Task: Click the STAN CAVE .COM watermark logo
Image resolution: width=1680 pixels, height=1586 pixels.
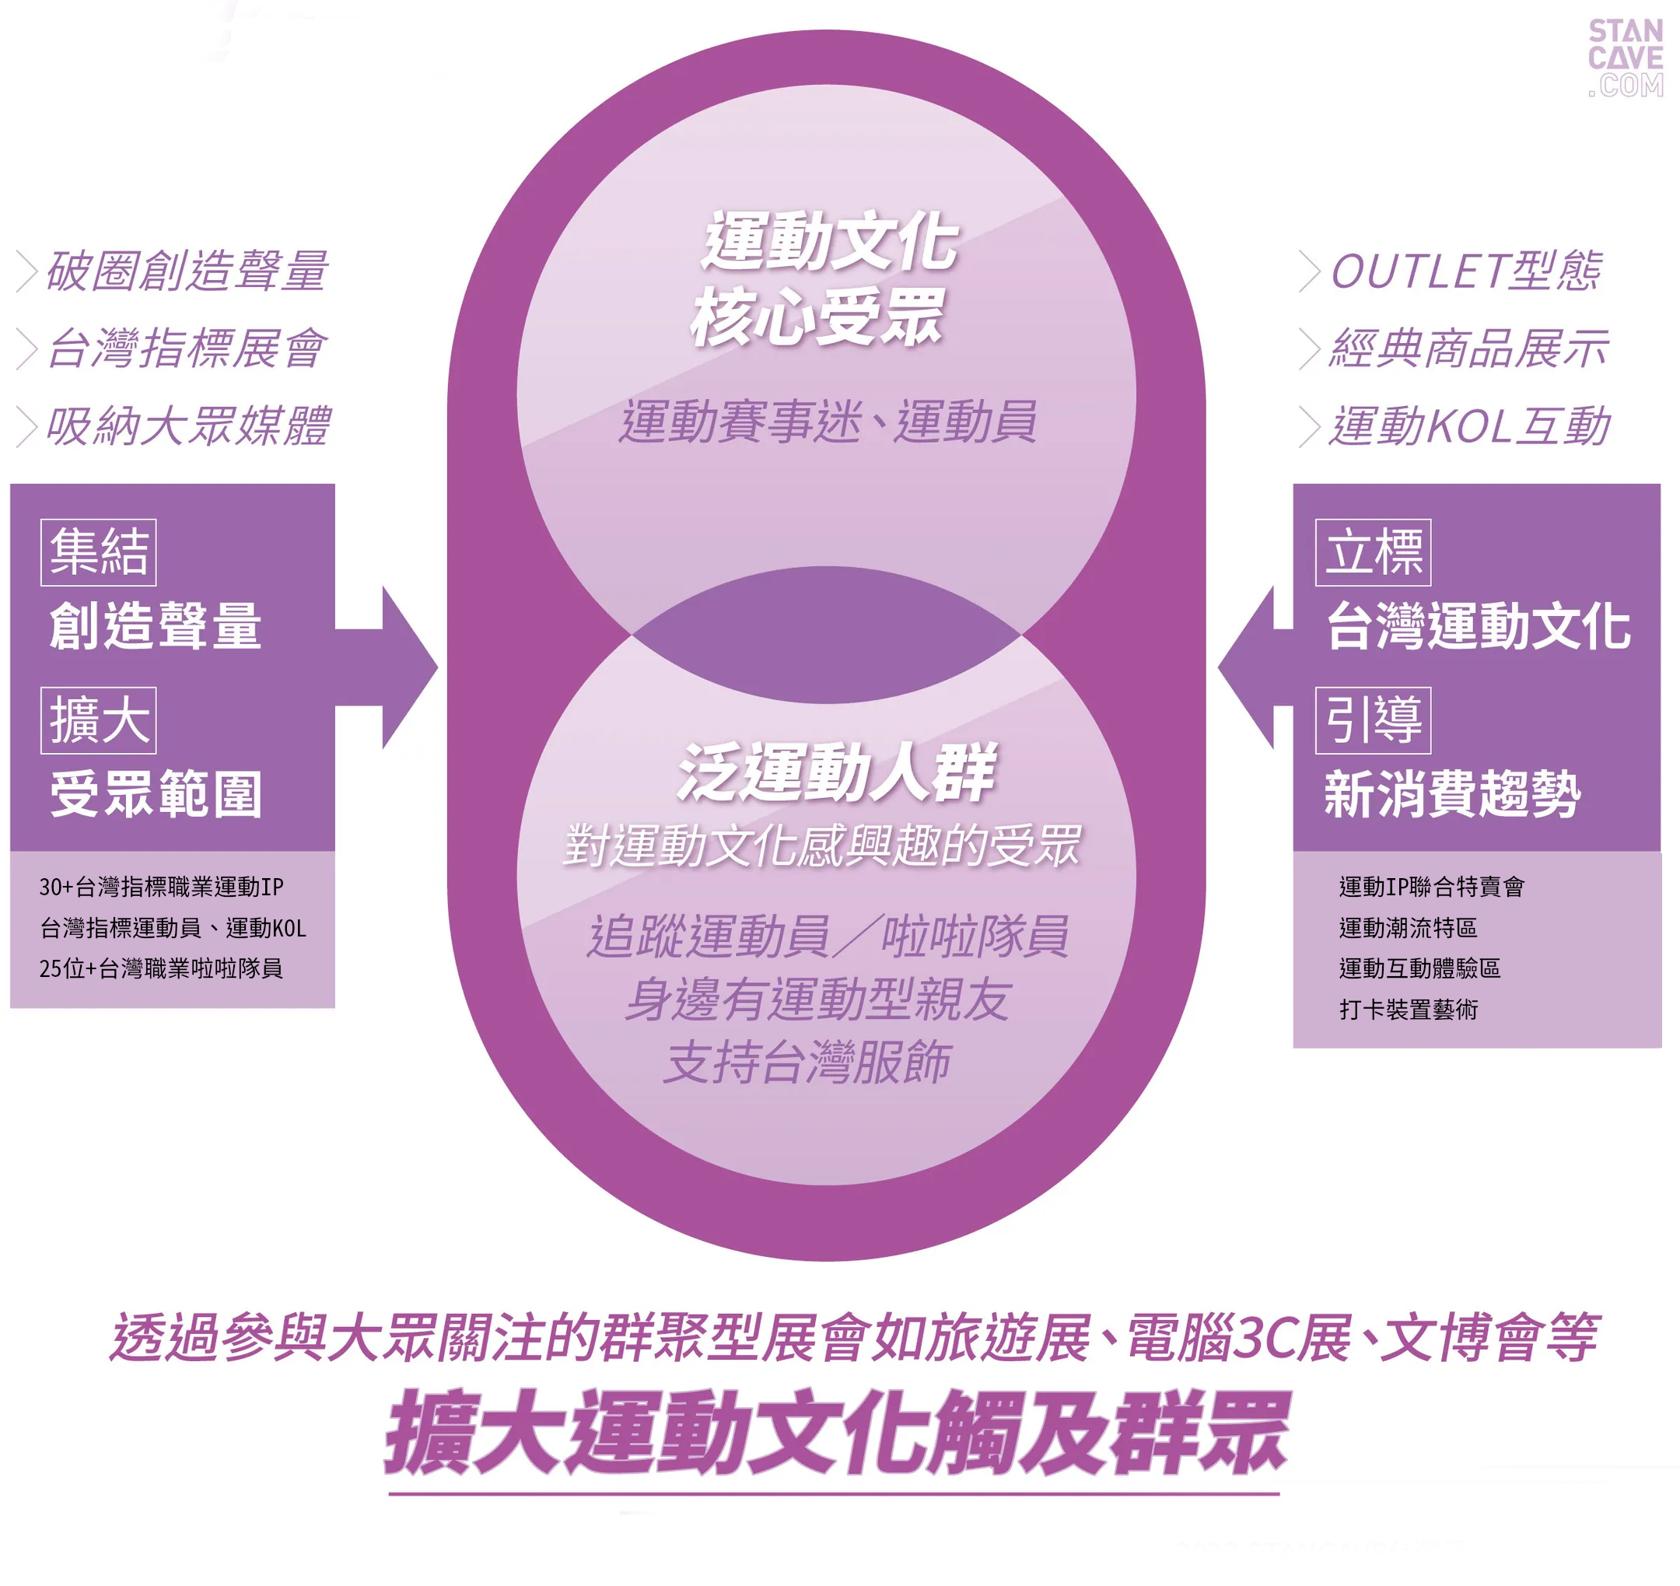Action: (x=1624, y=58)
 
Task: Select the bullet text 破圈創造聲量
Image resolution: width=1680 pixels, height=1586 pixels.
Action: (x=186, y=271)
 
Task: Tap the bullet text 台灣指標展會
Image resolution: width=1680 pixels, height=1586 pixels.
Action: (x=186, y=348)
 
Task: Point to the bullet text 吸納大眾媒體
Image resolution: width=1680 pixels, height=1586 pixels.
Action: (x=187, y=425)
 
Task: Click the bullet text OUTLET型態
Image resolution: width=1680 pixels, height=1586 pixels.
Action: (x=1465, y=271)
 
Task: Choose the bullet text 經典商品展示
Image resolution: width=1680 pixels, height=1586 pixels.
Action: (x=1468, y=348)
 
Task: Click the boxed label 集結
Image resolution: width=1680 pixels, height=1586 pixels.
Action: (x=98, y=552)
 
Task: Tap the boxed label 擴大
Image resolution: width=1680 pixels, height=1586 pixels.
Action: (x=98, y=720)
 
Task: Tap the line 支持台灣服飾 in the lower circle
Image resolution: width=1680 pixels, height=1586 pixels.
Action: (x=807, y=1062)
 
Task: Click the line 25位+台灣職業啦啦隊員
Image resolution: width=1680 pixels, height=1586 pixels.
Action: (x=161, y=968)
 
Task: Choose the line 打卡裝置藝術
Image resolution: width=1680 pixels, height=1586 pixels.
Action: (x=1408, y=1010)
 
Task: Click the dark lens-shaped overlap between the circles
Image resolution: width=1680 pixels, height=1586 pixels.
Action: (x=826, y=634)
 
